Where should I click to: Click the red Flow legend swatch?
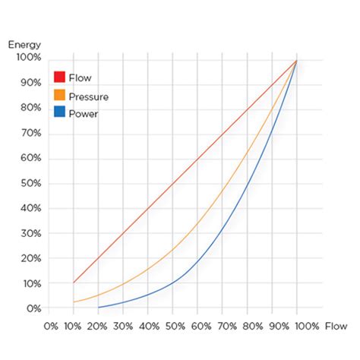tap(59, 77)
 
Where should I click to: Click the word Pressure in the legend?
tap(88, 96)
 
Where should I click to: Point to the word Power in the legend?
tap(83, 114)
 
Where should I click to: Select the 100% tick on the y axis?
tap(27, 58)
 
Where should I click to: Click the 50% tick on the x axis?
tap(172, 327)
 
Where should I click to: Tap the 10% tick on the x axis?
tap(74, 327)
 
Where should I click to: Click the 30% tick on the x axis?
tap(123, 327)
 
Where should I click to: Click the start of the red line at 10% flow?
tap(74, 283)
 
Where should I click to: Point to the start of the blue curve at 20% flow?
tap(99, 307)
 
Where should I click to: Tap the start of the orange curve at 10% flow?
tap(74, 302)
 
